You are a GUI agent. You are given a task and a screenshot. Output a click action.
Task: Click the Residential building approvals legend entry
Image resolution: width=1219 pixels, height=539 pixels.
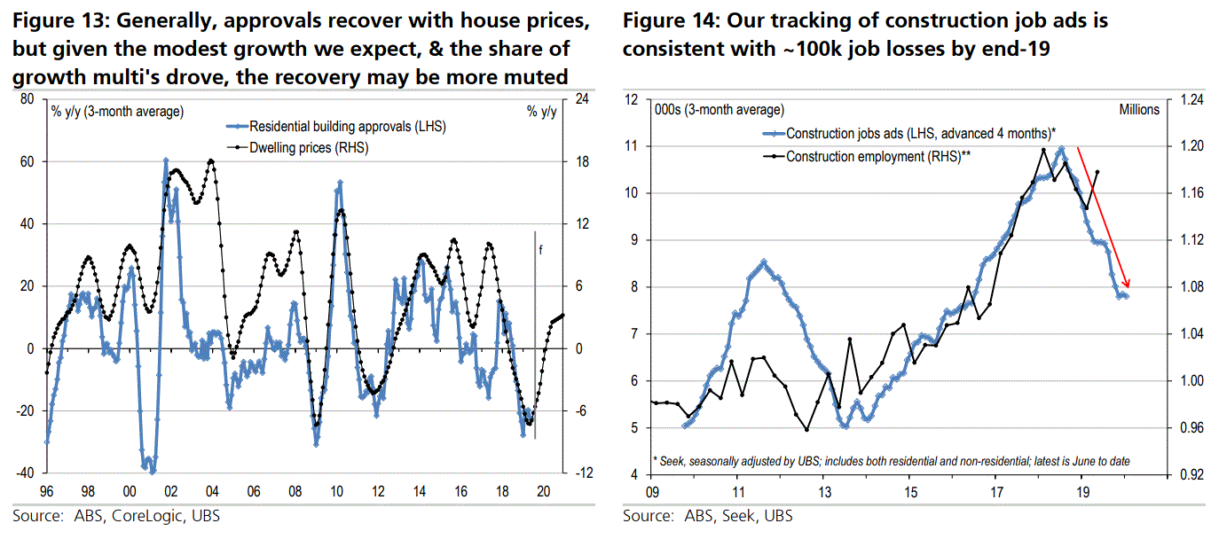click(x=346, y=127)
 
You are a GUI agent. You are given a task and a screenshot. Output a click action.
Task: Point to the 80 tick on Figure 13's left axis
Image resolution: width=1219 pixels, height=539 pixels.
click(x=27, y=99)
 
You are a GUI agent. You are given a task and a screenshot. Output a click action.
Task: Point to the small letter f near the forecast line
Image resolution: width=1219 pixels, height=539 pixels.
click(x=541, y=251)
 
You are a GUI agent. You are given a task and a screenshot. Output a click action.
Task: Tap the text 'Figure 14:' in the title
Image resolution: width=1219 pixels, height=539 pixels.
click(x=665, y=20)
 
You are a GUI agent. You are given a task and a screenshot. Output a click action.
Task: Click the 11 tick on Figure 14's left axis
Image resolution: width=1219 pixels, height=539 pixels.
click(x=633, y=146)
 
